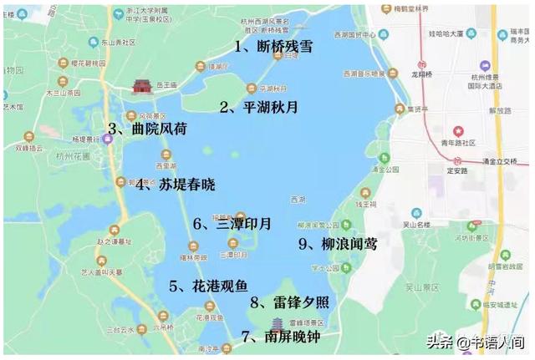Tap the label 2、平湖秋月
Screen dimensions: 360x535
(257, 107)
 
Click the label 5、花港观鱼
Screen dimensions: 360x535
(208, 286)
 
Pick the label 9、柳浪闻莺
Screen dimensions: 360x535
(338, 244)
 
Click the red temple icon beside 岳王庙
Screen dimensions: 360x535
(140, 87)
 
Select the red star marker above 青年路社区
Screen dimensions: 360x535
(458, 131)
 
